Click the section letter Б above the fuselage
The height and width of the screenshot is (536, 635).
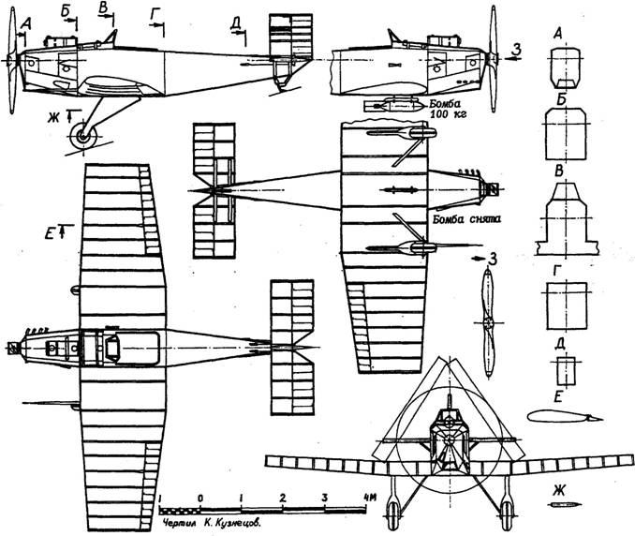[66, 11]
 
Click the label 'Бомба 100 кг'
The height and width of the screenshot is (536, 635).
[448, 109]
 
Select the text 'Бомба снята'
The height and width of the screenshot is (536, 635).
[466, 219]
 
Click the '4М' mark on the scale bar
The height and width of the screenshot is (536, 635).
[370, 497]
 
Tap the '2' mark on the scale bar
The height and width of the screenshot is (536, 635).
[283, 498]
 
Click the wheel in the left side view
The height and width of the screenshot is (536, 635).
[83, 137]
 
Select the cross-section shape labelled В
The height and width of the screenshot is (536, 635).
[566, 218]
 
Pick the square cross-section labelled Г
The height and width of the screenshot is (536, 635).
[567, 305]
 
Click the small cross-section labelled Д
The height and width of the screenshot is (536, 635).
[566, 371]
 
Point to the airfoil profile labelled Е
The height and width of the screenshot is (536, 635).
[565, 416]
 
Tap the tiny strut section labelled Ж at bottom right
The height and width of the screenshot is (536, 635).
[564, 505]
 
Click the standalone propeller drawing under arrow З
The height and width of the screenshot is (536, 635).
[488, 323]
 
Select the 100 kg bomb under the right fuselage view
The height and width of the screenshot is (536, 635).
[395, 106]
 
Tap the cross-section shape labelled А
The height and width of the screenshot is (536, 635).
[566, 68]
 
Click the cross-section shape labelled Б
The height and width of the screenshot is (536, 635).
[566, 134]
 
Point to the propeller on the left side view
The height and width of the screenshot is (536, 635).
[12, 60]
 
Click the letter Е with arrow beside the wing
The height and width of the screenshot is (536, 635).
[52, 232]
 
